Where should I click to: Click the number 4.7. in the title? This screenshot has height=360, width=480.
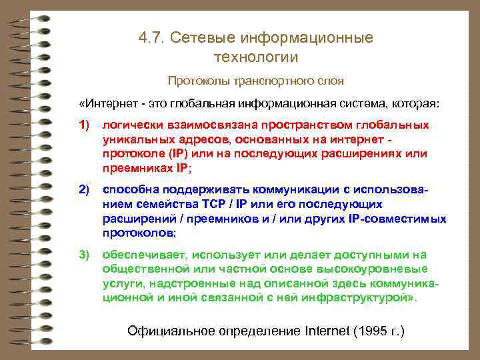(152, 37)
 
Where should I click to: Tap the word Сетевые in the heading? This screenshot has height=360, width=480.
(201, 37)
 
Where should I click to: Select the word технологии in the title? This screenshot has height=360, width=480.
(256, 57)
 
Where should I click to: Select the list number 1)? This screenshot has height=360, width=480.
(84, 125)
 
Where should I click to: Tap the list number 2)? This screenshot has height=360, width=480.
(84, 191)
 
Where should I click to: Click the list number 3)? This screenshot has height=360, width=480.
(84, 255)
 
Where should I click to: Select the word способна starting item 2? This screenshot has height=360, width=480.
(127, 191)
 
